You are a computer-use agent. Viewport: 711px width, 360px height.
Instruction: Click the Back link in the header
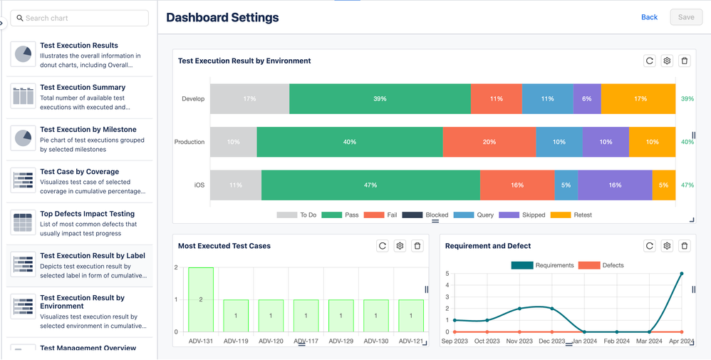pyautogui.click(x=649, y=17)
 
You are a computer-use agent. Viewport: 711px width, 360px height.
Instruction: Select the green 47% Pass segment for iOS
pyautogui.click(x=370, y=185)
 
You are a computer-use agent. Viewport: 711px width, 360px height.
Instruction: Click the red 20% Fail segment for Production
pyautogui.click(x=489, y=142)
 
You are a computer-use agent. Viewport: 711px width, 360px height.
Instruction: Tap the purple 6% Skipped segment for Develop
pyautogui.click(x=587, y=99)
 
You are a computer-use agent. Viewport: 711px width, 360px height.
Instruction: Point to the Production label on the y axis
pyautogui.click(x=190, y=142)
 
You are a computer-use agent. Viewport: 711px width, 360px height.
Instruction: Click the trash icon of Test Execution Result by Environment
pyautogui.click(x=685, y=61)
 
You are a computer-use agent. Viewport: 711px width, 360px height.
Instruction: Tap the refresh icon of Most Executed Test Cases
pyautogui.click(x=383, y=246)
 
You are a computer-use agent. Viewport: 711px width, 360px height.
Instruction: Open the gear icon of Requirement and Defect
pyautogui.click(x=667, y=246)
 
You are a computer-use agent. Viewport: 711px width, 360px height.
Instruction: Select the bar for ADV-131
pyautogui.click(x=201, y=299)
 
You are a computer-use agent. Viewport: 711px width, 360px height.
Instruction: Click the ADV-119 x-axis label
pyautogui.click(x=236, y=341)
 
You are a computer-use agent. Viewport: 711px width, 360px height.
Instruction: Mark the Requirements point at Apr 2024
pyautogui.click(x=682, y=274)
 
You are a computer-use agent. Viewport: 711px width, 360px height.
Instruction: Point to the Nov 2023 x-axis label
pyautogui.click(x=520, y=341)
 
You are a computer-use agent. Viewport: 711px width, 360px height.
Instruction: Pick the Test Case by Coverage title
pyautogui.click(x=80, y=172)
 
